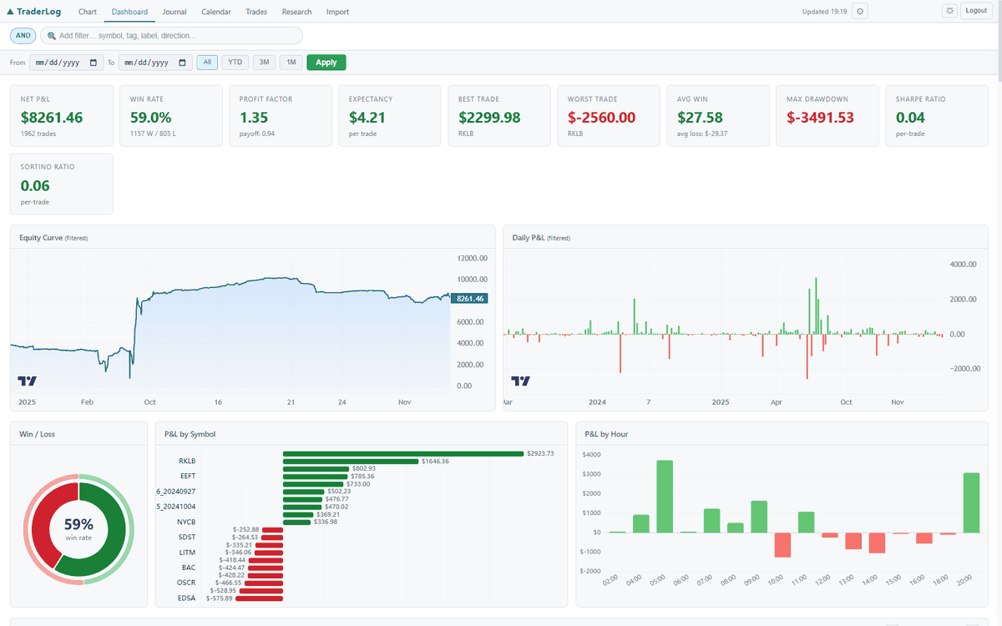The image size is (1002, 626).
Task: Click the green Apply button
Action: click(326, 63)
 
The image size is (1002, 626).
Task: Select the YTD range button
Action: click(235, 63)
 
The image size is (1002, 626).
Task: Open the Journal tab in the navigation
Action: click(175, 12)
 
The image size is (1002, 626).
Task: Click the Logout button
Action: click(974, 11)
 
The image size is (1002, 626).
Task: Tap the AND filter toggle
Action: click(23, 36)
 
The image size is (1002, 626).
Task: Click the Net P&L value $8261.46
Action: click(52, 118)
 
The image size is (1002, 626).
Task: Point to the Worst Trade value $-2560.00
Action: click(601, 118)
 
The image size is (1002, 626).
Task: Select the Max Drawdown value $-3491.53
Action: click(820, 118)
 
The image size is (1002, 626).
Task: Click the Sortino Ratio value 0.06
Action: click(35, 185)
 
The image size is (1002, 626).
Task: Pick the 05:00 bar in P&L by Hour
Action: click(665, 496)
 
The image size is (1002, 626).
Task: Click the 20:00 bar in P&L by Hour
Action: click(971, 502)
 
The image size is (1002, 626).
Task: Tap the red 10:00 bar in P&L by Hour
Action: click(782, 545)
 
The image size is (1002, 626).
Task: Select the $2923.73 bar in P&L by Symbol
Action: click(403, 454)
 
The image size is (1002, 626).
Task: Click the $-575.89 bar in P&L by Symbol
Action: click(259, 598)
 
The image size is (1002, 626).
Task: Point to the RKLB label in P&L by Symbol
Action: click(187, 461)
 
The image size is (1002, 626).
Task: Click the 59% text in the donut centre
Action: click(78, 525)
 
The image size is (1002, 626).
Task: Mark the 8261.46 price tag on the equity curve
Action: click(471, 298)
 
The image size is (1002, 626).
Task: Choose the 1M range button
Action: click(291, 63)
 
